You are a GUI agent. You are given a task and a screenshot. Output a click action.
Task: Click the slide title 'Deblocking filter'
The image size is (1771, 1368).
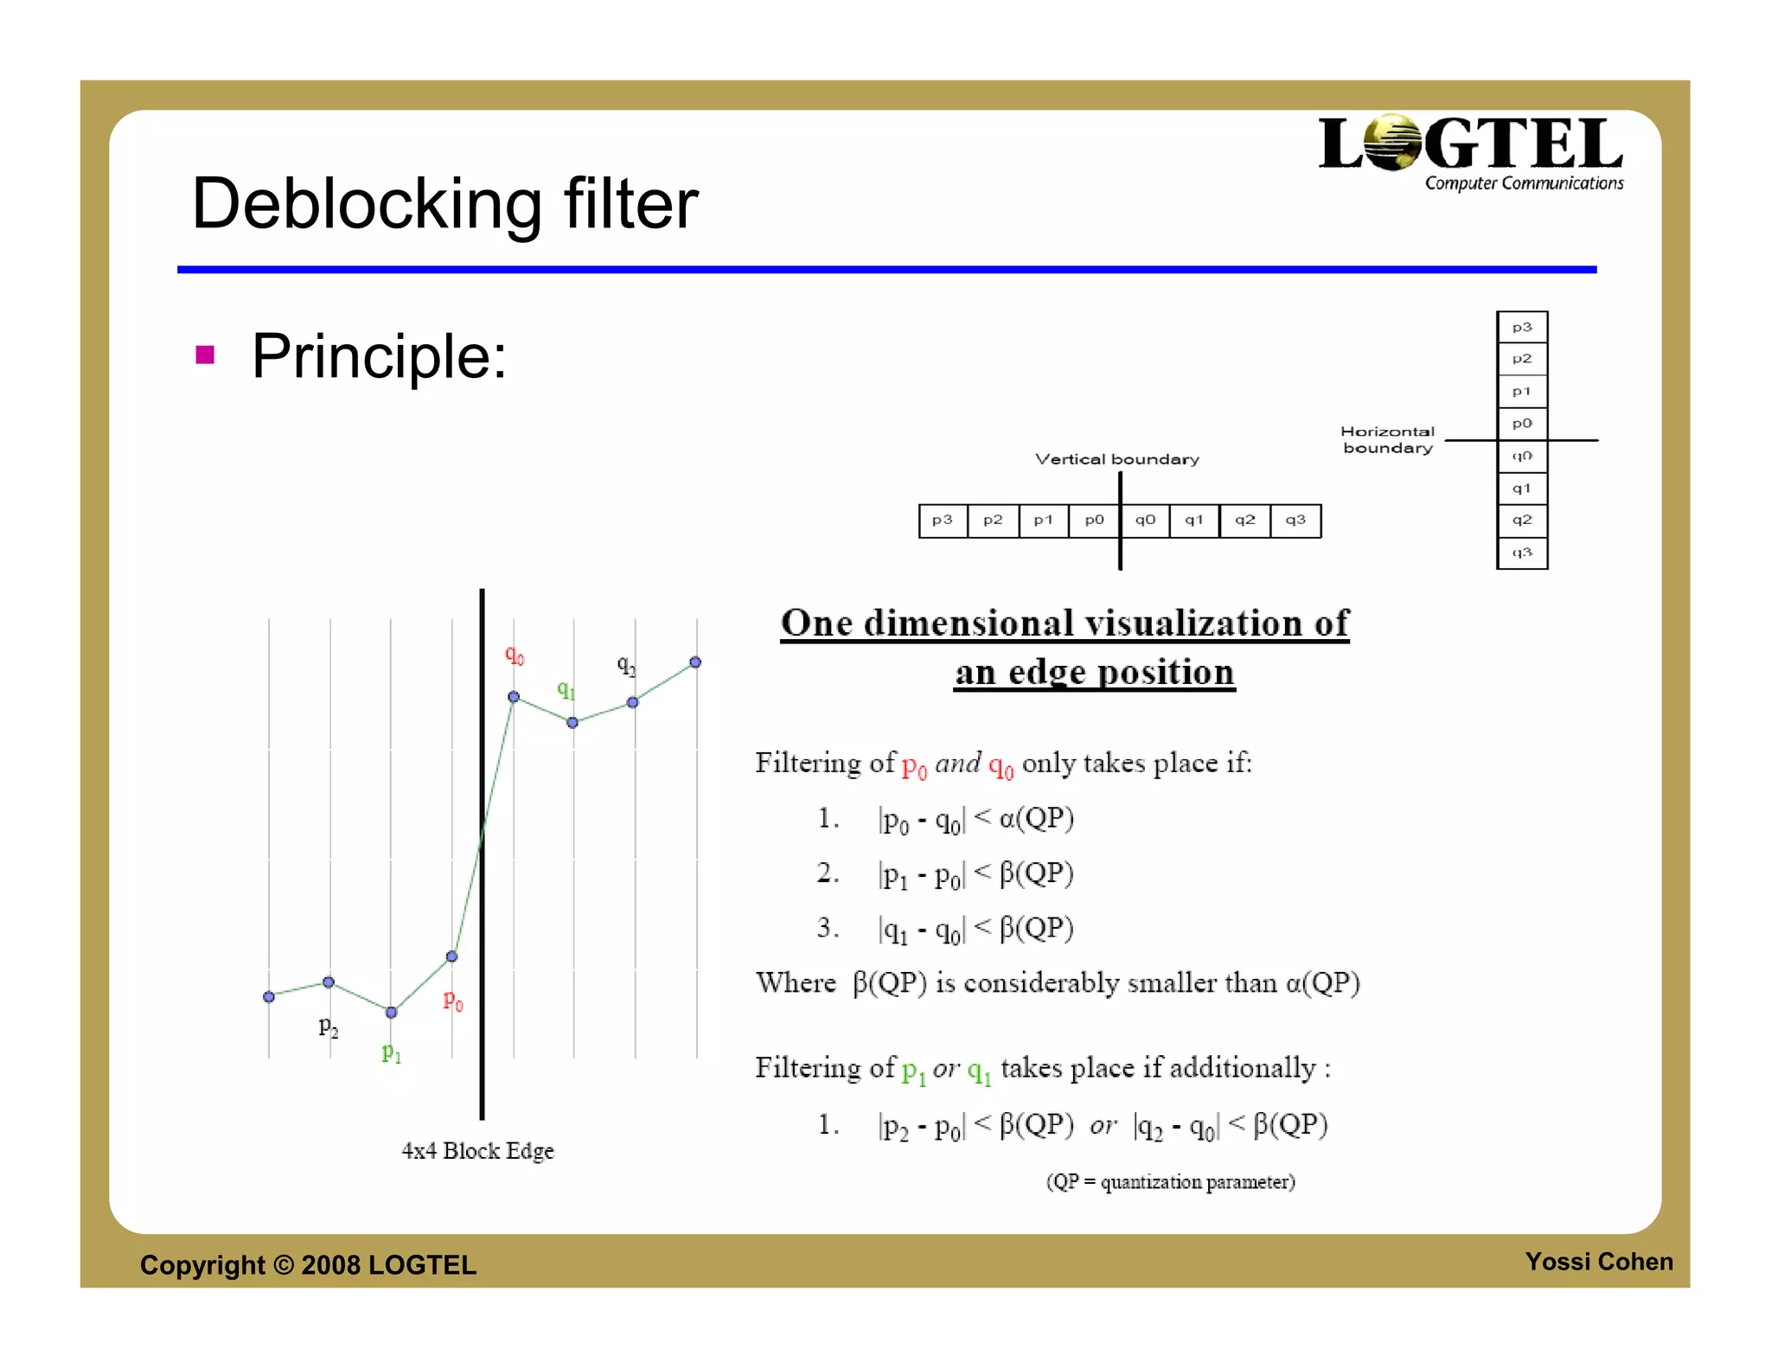tap(444, 204)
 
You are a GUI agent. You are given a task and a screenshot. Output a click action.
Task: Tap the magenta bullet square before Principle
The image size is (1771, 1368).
tap(205, 355)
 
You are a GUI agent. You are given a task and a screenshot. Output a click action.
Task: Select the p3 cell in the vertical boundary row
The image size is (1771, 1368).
tap(943, 521)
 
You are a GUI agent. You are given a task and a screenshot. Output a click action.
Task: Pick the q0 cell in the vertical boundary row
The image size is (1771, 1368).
tap(1145, 521)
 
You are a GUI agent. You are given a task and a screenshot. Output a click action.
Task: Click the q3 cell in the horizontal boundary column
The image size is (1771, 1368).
tap(1522, 553)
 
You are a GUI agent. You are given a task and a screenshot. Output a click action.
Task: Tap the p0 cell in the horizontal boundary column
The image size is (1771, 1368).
tap(1522, 424)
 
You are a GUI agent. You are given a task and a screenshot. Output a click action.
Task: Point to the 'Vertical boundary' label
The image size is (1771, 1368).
tap(1117, 459)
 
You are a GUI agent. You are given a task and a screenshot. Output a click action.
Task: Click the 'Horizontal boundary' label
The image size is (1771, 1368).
tap(1387, 439)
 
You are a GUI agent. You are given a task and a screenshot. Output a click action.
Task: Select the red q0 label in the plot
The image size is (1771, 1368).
tap(515, 655)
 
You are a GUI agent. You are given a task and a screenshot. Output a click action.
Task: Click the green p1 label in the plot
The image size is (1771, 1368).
tap(392, 1052)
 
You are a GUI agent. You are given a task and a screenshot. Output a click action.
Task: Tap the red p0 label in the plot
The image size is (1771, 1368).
tap(453, 1001)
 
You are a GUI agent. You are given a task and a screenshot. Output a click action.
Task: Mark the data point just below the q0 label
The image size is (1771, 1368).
tap(514, 696)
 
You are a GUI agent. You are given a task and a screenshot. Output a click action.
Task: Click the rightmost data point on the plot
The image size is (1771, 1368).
tap(695, 662)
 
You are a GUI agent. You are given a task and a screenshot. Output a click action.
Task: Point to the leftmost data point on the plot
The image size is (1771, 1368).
tap(269, 997)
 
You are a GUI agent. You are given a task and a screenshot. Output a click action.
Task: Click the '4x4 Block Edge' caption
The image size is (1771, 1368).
tap(477, 1151)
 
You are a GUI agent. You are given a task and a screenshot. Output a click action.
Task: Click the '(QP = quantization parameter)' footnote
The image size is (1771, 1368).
tap(1170, 1182)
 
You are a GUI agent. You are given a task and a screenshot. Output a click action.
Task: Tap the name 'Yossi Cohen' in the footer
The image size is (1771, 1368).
tap(1598, 1262)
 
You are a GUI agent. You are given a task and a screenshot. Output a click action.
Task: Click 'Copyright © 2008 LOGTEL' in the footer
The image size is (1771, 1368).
tap(308, 1265)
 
